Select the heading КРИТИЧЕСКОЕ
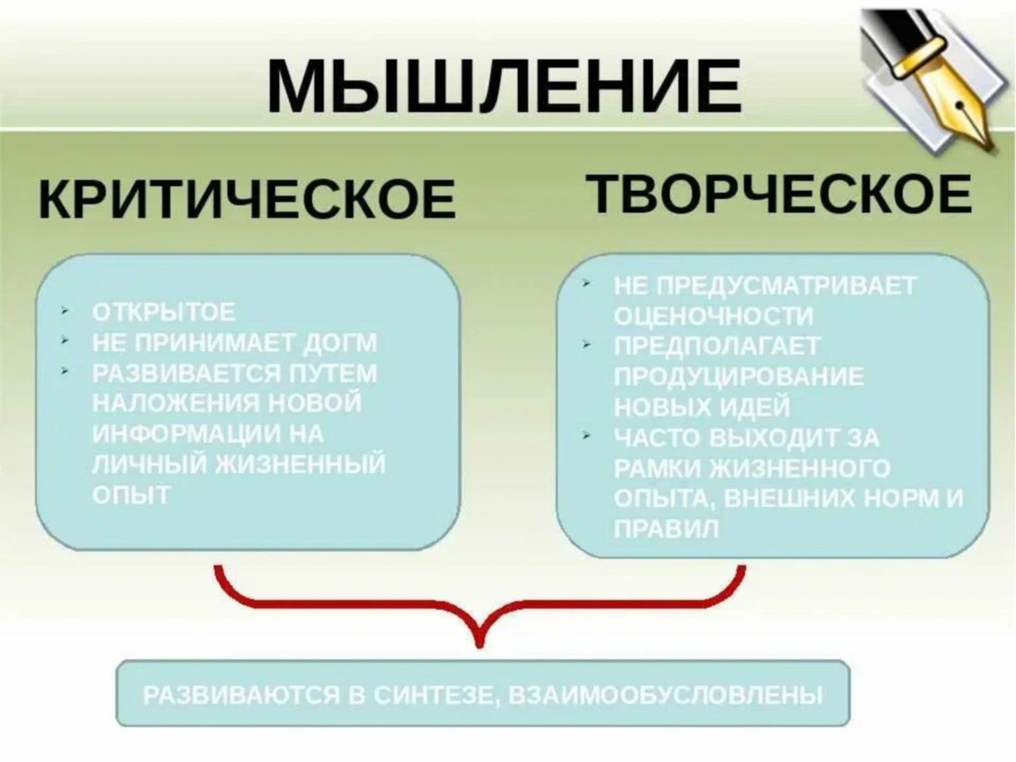(247, 198)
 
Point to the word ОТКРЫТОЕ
(164, 312)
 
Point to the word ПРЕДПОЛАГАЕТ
(717, 346)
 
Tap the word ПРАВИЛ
(667, 528)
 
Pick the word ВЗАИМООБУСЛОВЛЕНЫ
(665, 695)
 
